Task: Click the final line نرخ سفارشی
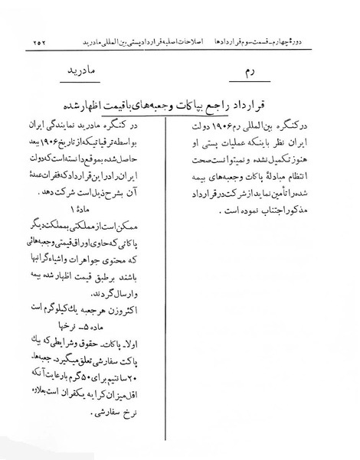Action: point(142,429)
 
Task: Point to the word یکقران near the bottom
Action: point(77,412)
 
